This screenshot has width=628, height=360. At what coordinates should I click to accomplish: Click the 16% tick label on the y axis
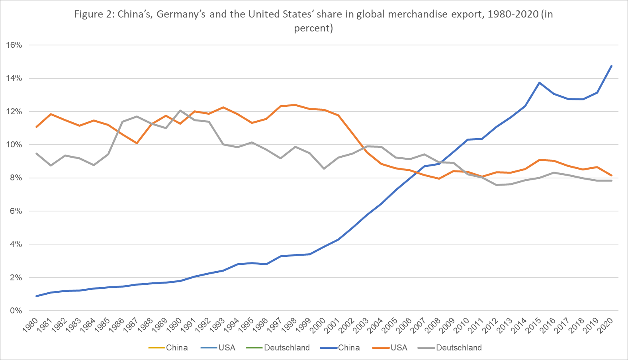click(x=14, y=45)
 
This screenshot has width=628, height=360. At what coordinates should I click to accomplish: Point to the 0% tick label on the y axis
click(x=16, y=311)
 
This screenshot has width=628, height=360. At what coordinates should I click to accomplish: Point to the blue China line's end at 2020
click(x=611, y=66)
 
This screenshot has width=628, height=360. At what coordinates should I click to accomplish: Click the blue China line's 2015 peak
click(x=540, y=83)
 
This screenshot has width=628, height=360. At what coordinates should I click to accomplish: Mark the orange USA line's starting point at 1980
click(x=37, y=127)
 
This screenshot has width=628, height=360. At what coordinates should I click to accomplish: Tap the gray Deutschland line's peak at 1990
click(x=180, y=111)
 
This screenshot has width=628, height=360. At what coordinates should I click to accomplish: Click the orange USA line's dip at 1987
click(x=137, y=143)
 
